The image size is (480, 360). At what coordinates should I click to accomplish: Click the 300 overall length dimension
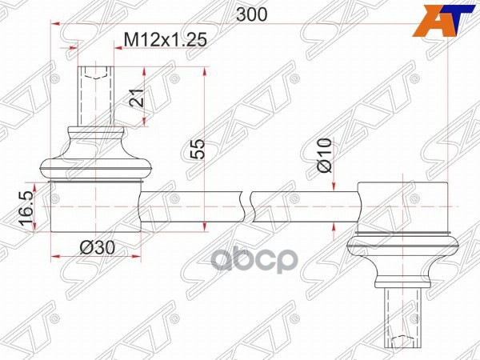pyautogui.click(x=253, y=14)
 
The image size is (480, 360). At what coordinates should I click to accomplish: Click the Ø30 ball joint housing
pyautogui.click(x=95, y=207)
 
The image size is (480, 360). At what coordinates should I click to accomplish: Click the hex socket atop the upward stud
pyautogui.click(x=94, y=74)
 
